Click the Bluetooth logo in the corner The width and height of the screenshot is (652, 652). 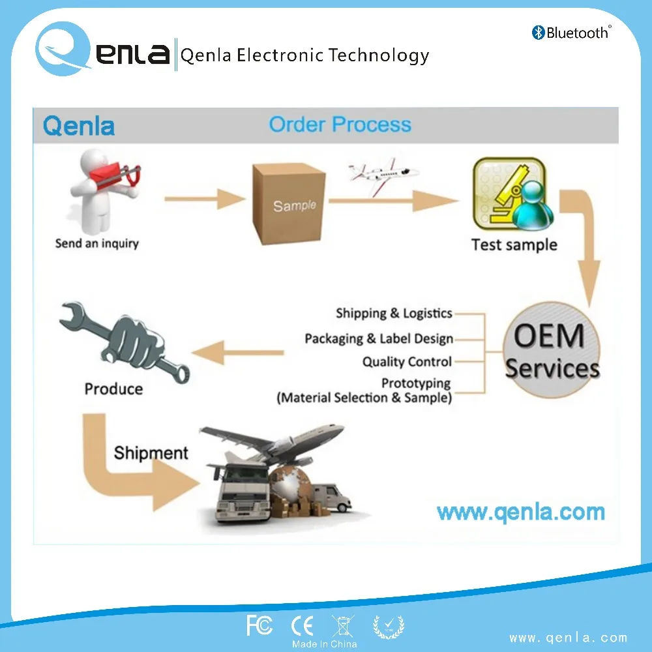pyautogui.click(x=570, y=32)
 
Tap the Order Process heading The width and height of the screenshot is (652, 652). pyautogui.click(x=340, y=125)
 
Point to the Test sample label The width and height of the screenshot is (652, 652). pyautogui.click(x=514, y=245)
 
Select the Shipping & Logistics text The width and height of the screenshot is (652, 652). pyautogui.click(x=394, y=314)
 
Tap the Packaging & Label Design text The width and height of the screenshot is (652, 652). pyautogui.click(x=379, y=339)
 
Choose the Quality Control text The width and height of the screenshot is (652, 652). pyautogui.click(x=407, y=362)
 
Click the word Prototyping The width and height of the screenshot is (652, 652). pyautogui.click(x=416, y=383)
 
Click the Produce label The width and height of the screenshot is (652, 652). pyautogui.click(x=113, y=389)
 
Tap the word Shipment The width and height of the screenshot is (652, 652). pyautogui.click(x=151, y=453)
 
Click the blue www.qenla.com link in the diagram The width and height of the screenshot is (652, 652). pyautogui.click(x=520, y=512)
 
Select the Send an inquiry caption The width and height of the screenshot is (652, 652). pyautogui.click(x=96, y=244)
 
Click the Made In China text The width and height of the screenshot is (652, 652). pyautogui.click(x=324, y=644)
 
